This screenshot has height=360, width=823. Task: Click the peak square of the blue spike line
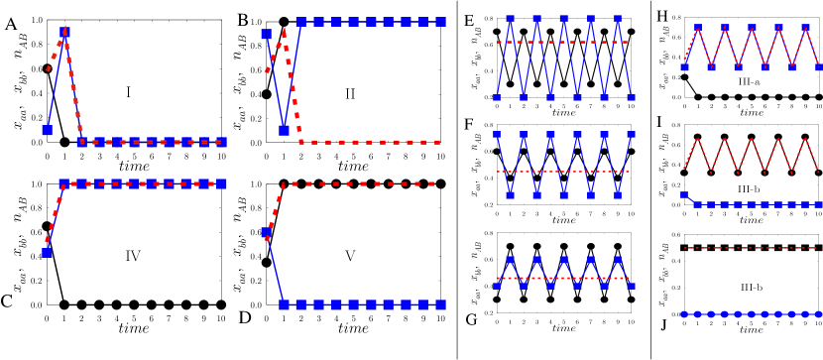click(64, 32)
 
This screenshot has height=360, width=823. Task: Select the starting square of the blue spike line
click(47, 130)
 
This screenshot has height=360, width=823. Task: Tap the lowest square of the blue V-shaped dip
click(284, 130)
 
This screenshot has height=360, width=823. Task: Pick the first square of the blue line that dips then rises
click(266, 34)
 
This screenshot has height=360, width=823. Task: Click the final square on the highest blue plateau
click(440, 22)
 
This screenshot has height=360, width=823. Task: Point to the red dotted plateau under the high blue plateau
click(367, 142)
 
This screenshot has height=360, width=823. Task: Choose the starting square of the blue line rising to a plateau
click(47, 252)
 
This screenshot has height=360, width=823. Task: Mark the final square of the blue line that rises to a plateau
click(222, 183)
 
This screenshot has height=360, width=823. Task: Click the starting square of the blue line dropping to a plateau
click(266, 232)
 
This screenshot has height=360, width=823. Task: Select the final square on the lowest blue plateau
click(440, 304)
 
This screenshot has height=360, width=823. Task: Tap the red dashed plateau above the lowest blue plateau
click(362, 183)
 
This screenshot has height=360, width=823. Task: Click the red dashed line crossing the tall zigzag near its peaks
click(562, 42)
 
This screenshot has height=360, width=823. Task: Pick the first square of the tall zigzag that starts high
click(497, 134)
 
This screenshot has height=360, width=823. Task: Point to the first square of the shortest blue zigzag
click(497, 286)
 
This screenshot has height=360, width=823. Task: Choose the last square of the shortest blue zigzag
click(631, 286)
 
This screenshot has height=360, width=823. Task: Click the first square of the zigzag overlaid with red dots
click(684, 66)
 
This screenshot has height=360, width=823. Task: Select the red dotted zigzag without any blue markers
click(751, 156)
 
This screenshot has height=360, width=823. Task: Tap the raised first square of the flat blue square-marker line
click(684, 195)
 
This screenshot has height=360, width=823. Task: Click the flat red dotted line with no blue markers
click(751, 248)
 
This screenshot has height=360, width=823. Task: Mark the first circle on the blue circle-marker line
click(684, 314)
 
